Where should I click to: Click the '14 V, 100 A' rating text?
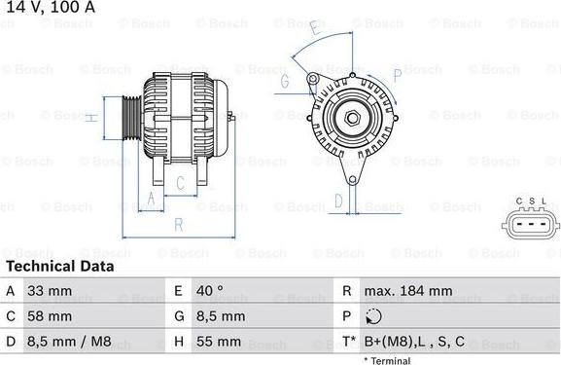tap(51, 7)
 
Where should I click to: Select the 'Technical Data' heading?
tap(60, 266)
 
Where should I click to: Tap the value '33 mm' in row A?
tap(50, 291)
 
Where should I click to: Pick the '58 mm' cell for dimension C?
tap(50, 316)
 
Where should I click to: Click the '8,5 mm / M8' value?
tap(69, 342)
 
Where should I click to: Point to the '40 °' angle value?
tap(210, 291)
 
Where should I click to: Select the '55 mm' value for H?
tap(218, 342)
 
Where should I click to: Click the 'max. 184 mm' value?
tap(408, 291)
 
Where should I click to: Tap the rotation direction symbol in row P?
tap(374, 316)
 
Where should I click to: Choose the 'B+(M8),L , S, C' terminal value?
tap(414, 342)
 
